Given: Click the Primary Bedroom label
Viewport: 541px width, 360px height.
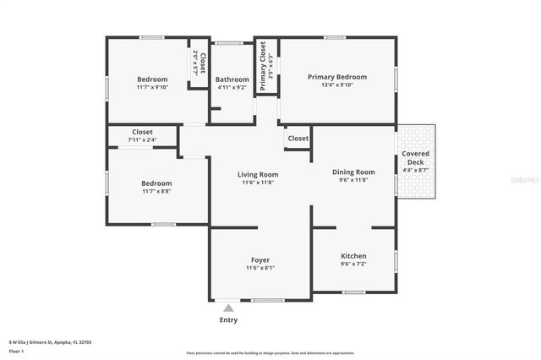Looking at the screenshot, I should tap(336, 77).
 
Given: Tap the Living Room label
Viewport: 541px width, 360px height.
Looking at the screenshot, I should tap(257, 175).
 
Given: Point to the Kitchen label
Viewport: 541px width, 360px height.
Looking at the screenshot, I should tap(352, 255).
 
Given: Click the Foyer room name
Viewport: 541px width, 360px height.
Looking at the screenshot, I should tap(260, 259).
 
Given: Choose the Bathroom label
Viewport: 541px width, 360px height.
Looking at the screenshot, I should tap(232, 79).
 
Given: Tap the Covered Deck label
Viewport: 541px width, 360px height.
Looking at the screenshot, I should tap(415, 157).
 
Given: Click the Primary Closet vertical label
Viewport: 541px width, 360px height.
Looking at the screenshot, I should tap(263, 67).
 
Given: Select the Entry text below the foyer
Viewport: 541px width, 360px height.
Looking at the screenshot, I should tap(228, 320).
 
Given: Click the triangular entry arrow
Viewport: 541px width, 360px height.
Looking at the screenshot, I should tap(228, 308).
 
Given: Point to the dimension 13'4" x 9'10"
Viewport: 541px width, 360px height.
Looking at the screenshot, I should tap(336, 85).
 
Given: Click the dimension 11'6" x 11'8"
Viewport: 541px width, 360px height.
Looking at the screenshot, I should tap(257, 183).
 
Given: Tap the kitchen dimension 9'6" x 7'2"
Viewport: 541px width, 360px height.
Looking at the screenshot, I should tap(352, 264).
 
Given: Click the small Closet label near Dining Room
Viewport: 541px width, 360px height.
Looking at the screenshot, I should tap(298, 138).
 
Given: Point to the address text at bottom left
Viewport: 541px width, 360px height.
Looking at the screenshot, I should tap(50, 341).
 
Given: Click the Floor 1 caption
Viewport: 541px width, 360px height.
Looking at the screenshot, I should tap(16, 350).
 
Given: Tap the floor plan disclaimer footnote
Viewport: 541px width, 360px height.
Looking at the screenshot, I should tap(281, 352).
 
